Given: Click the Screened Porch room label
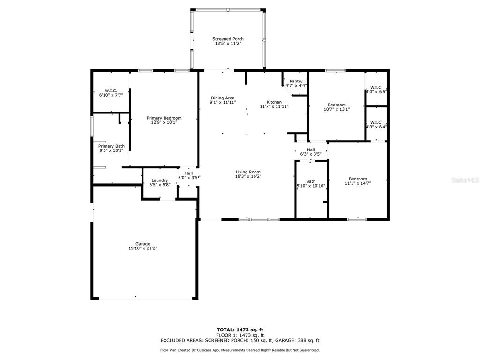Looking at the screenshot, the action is point(228,39).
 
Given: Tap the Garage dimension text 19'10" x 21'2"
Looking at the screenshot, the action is point(142,248).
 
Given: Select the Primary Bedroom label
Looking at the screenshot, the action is point(164,118).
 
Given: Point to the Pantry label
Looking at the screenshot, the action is point(296,81).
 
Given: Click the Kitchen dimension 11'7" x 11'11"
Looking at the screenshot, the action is point(274,106).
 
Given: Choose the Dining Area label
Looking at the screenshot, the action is point(223,98).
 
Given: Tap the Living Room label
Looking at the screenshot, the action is point(248,172).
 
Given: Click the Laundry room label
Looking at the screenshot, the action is point(159,180).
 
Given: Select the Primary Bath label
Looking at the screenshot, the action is point(112,146).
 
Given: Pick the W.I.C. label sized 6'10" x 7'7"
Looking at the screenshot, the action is point(111,90).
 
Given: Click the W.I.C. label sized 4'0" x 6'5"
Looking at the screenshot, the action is point(376,87).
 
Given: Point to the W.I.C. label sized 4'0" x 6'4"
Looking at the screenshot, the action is point(376,122).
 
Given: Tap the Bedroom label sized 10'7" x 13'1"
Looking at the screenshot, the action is point(337,105).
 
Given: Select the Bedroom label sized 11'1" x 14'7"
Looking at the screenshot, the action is point(358,179).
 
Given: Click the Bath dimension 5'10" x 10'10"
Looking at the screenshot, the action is point(311,186).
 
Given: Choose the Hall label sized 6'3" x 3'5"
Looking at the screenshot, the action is point(311,150).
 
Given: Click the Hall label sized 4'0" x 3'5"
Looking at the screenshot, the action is point(189,173).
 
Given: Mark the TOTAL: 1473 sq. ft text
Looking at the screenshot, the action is point(240,330).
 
